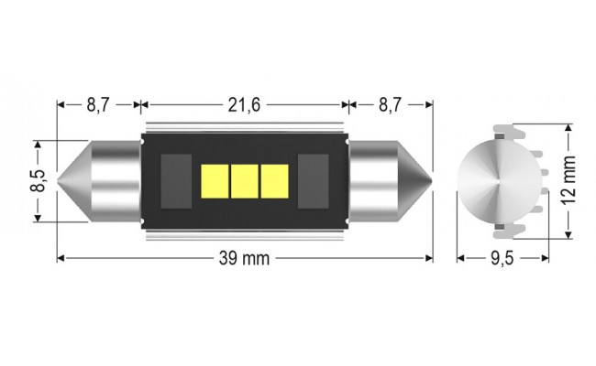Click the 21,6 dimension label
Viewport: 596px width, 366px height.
pos(245,105)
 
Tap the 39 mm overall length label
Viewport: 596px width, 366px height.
pos(245,259)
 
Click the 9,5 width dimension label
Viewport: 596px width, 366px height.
pos(501,259)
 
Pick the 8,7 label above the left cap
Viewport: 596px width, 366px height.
pos(99,105)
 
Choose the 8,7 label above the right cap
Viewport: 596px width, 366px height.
pos(390,105)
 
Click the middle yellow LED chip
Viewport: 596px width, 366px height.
pos(245,180)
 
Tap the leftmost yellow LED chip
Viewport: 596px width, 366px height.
pos(215,180)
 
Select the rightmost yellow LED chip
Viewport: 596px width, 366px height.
pos(274,180)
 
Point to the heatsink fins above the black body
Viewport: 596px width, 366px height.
pos(245,129)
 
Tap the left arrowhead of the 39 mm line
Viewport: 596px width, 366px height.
pos(61,259)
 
